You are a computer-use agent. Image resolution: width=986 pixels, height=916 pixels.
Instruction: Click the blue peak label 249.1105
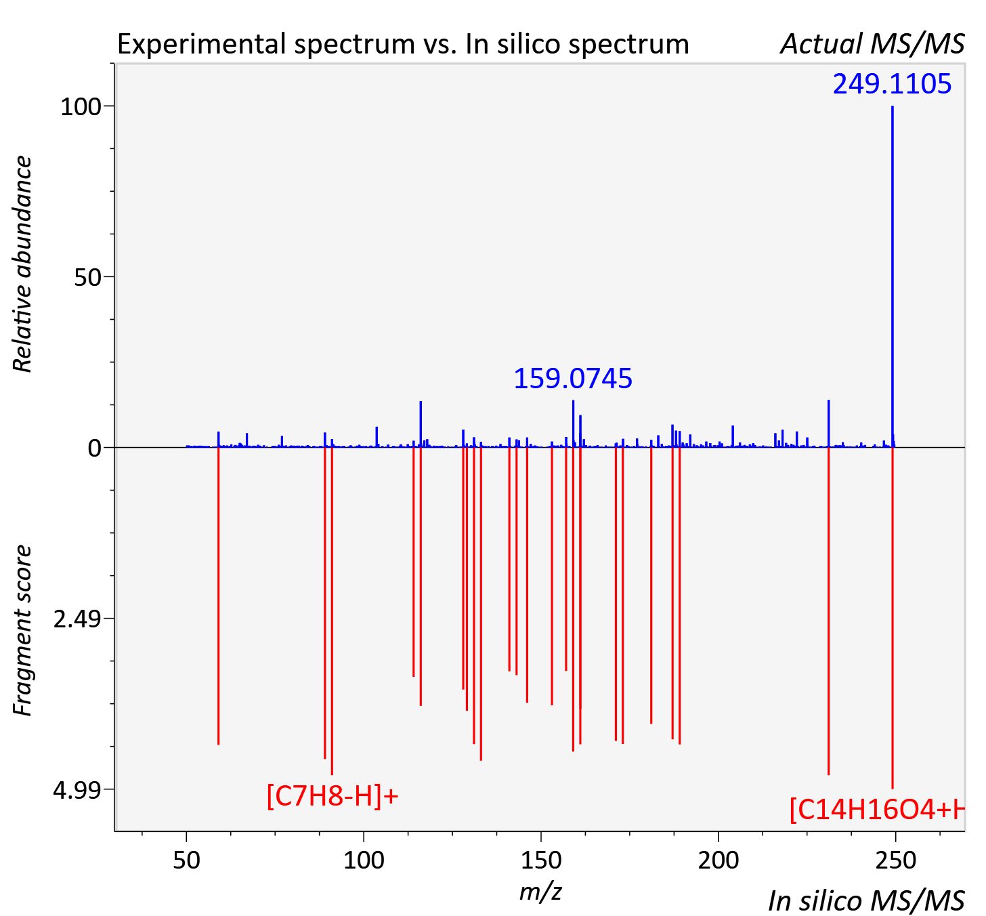(892, 84)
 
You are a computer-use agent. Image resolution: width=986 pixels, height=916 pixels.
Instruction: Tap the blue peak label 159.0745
(573, 379)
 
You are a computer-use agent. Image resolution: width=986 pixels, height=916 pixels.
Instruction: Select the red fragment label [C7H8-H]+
(333, 796)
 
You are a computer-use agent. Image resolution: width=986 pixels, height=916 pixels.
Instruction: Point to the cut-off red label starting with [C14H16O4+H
(877, 810)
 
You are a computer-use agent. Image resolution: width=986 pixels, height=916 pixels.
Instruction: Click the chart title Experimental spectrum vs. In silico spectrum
(403, 44)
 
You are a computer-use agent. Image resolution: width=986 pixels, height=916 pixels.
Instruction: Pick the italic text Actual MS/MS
(872, 44)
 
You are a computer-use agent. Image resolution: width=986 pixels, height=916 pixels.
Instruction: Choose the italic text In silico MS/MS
(866, 900)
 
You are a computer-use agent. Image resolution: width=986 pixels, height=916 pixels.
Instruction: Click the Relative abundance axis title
(22, 264)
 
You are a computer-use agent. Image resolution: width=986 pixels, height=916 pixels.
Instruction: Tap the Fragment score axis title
(22, 630)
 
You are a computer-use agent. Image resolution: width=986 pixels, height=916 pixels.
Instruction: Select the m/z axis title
(540, 892)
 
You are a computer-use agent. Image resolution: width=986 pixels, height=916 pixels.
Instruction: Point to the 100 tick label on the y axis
(81, 106)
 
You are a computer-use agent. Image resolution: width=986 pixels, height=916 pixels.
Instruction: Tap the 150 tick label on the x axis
(540, 860)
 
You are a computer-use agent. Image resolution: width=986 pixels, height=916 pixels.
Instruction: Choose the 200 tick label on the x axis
(719, 860)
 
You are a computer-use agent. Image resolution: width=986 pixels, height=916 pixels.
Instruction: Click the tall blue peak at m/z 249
(892, 276)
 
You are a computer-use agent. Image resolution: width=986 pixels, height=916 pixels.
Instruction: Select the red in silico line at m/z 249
(892, 618)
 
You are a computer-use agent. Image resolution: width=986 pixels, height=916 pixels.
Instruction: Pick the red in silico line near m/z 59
(219, 596)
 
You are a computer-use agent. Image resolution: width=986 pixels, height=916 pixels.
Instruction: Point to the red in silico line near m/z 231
(829, 611)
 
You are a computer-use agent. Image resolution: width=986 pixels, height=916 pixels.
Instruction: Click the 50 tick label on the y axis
(87, 278)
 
